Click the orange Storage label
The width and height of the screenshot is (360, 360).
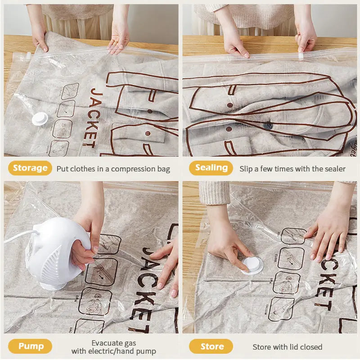(30, 168)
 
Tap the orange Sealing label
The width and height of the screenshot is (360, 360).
(211, 168)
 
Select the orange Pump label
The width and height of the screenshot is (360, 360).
(30, 346)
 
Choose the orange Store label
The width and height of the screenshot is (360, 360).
(211, 346)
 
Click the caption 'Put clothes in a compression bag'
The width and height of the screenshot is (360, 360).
(113, 169)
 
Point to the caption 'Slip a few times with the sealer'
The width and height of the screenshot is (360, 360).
(292, 169)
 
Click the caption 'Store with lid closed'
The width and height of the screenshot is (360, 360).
(287, 346)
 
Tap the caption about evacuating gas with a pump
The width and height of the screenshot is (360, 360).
(114, 346)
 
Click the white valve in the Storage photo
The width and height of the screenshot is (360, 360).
(40, 118)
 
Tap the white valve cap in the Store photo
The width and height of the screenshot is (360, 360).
(252, 265)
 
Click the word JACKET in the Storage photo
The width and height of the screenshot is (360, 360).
(89, 118)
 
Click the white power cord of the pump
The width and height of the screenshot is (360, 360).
(18, 236)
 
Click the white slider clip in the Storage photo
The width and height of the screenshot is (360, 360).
(28, 55)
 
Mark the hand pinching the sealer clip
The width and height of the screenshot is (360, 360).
(306, 38)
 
